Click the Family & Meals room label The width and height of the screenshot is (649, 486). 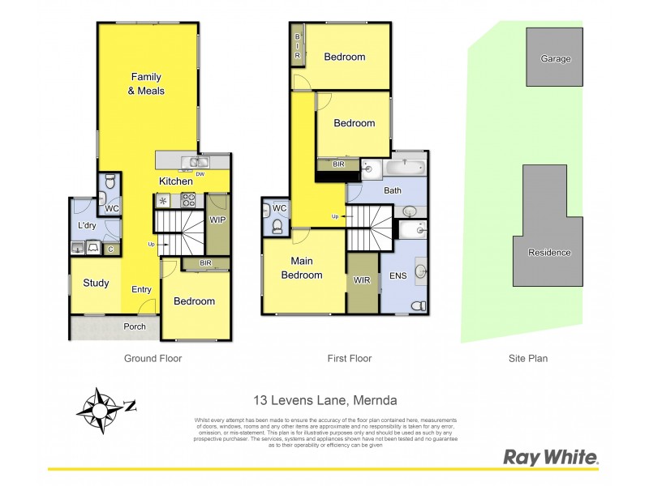pos(148,84)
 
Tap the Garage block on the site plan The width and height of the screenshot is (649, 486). pos(556,58)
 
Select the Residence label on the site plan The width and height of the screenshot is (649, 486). pos(549,253)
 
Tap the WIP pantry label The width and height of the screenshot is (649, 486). pos(217,220)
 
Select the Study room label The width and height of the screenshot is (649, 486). pos(96,283)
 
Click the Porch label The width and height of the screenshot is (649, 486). pos(135,327)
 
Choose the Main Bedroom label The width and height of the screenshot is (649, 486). pos(302,269)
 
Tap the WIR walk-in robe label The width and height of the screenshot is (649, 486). pos(362,281)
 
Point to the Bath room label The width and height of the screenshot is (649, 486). pos(393,191)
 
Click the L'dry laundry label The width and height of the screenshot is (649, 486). pos(88,225)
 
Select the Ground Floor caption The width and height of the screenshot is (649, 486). pos(153,357)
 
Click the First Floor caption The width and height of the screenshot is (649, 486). pos(350,357)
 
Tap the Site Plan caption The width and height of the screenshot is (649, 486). pos(529,357)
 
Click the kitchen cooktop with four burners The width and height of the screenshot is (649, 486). pos(187,200)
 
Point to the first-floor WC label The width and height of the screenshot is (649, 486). pos(280,208)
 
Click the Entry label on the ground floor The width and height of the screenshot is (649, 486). pos(142,289)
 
